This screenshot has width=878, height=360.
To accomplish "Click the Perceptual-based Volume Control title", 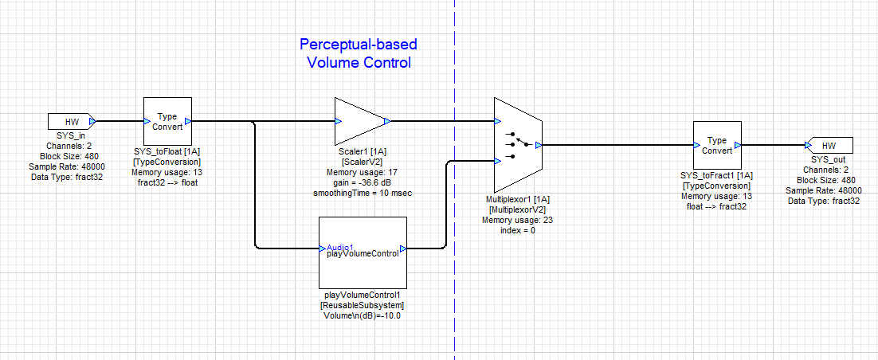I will (x=359, y=53).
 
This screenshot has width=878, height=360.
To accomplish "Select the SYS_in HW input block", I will (x=72, y=122).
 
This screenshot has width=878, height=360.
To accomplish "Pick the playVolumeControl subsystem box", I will (x=363, y=252).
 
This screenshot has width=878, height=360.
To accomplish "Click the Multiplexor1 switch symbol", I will (x=518, y=145).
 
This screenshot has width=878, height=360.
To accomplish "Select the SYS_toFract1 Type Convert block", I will (x=717, y=145).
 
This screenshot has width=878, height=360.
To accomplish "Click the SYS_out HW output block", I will (x=829, y=146).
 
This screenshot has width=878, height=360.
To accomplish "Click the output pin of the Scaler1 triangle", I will (x=387, y=122).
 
